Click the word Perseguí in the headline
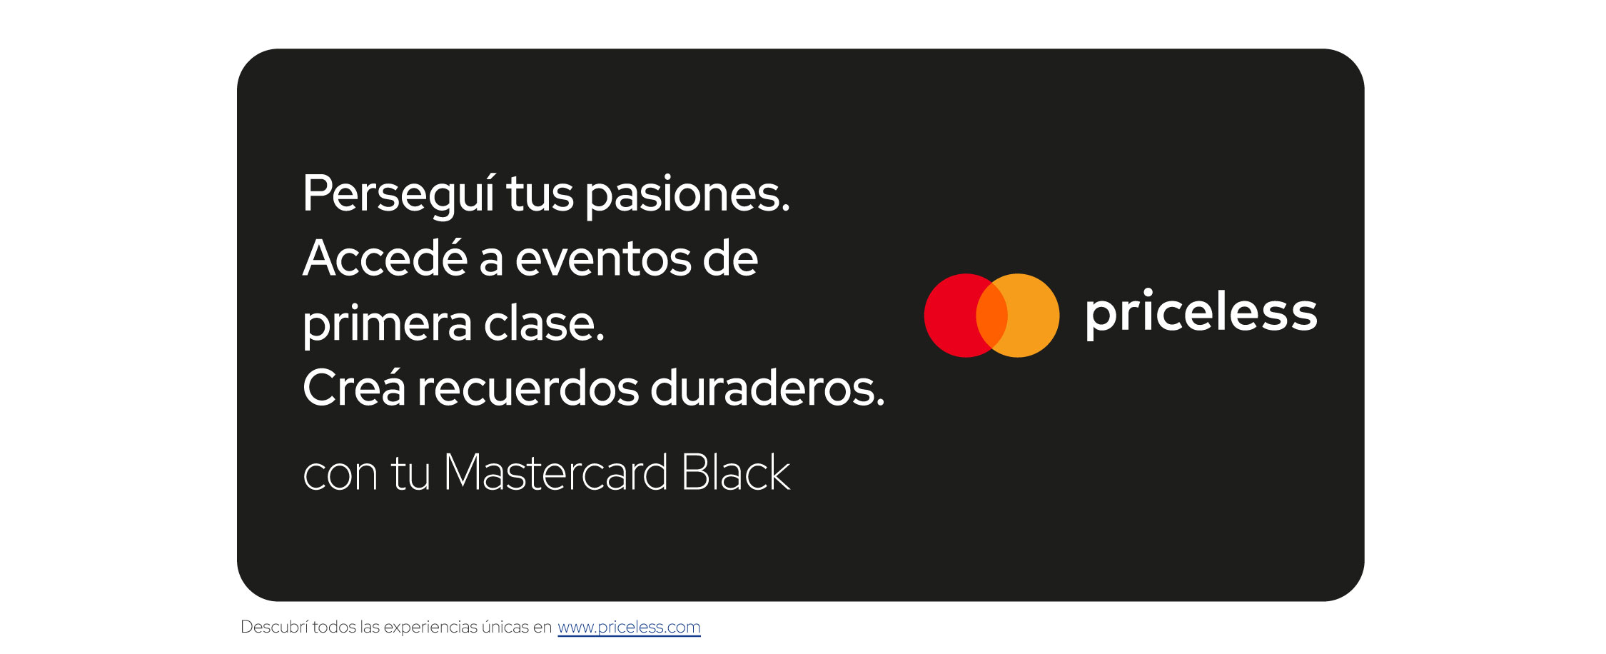pyautogui.click(x=399, y=194)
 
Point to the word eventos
pyautogui.click(x=603, y=259)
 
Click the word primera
pyautogui.click(x=387, y=325)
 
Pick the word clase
pyautogui.click(x=544, y=323)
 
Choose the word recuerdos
pyautogui.click(x=528, y=388)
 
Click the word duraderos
pyautogui.click(x=767, y=388)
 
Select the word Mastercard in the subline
pyautogui.click(x=556, y=473)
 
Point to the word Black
pyautogui.click(x=735, y=473)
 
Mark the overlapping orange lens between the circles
pyautogui.click(x=991, y=315)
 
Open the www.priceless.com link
pyautogui.click(x=629, y=627)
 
